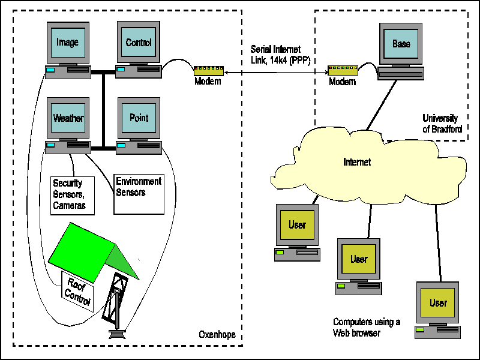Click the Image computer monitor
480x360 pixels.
(67, 43)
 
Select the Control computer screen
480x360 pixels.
(138, 43)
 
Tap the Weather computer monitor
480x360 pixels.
(68, 118)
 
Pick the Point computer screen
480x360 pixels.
(139, 118)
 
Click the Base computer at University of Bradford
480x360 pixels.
(401, 44)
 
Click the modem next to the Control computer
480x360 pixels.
(208, 71)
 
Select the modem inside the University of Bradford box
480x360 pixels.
(342, 71)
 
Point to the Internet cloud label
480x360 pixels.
(357, 162)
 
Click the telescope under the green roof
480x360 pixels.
(118, 306)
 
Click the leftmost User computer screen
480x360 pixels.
(297, 225)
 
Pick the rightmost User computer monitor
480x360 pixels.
(438, 302)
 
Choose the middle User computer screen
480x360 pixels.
(359, 259)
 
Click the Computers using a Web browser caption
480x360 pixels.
(366, 327)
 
